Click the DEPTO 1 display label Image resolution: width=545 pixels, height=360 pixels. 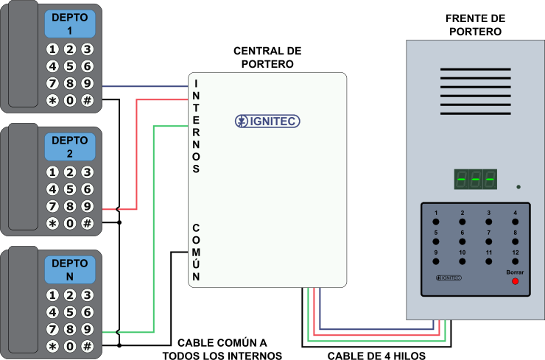pos(70,24)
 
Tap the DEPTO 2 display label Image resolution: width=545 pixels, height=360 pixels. pos(70,147)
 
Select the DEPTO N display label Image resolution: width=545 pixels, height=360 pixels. pos(70,269)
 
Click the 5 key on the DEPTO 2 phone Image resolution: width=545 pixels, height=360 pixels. pos(70,189)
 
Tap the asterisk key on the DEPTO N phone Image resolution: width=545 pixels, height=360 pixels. pos(52,346)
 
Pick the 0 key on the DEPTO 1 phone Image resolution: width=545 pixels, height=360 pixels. pos(70,100)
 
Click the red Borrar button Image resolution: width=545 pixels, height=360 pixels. pos(515,281)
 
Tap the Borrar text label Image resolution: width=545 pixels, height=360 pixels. pos(515,272)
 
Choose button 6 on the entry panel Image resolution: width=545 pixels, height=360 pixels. pos(463,241)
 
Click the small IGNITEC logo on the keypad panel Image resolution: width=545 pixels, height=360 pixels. pos(449,278)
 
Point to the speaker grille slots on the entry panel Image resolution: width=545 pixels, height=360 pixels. pos(475,91)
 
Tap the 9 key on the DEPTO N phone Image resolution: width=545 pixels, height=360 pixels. pos(87,329)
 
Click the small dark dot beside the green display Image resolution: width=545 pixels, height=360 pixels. pos(518,187)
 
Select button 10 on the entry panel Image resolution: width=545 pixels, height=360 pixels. pos(463,261)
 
